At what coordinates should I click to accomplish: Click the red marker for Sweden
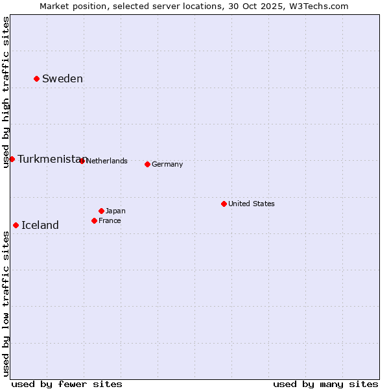pyautogui.click(x=36, y=78)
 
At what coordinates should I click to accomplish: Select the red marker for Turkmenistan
pyautogui.click(x=12, y=159)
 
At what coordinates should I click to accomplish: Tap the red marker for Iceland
pyautogui.click(x=16, y=225)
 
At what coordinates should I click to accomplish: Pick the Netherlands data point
pyautogui.click(x=82, y=161)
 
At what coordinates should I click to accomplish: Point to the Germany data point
pyautogui.click(x=147, y=164)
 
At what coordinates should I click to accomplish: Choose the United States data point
pyautogui.click(x=224, y=204)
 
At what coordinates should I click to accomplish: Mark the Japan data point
pyautogui.click(x=101, y=211)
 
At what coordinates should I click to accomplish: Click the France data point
pyautogui.click(x=94, y=220)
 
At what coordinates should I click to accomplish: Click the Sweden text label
pyautogui.click(x=62, y=79)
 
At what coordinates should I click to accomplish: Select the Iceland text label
pyautogui.click(x=40, y=226)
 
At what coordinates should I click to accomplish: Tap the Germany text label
pyautogui.click(x=167, y=165)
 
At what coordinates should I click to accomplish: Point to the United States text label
pyautogui.click(x=252, y=204)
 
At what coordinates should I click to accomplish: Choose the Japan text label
pyautogui.click(x=115, y=211)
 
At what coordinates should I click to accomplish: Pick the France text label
pyautogui.click(x=110, y=221)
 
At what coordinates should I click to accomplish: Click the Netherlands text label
pyautogui.click(x=107, y=161)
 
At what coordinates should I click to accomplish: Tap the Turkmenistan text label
pyautogui.click(x=51, y=159)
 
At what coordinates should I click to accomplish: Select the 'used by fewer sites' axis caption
pyautogui.click(x=67, y=384)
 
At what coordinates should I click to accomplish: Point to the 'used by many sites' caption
pyautogui.click(x=325, y=384)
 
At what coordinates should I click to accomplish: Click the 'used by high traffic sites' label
pyautogui.click(x=6, y=93)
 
